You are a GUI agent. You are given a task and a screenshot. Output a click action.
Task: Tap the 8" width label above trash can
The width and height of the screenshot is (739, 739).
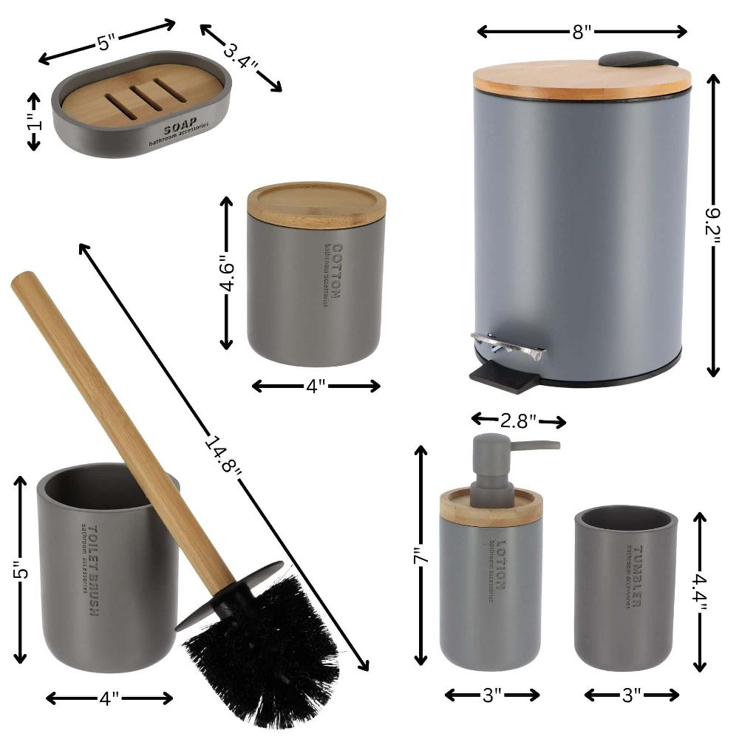coord(582,31)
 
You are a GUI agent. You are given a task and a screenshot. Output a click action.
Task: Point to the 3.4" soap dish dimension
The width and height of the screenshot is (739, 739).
coord(239,57)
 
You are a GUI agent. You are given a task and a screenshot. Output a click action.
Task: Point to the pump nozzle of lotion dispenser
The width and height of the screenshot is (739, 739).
coord(536,445)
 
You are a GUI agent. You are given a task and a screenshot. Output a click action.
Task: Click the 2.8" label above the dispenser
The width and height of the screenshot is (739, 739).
coord(519,421)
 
